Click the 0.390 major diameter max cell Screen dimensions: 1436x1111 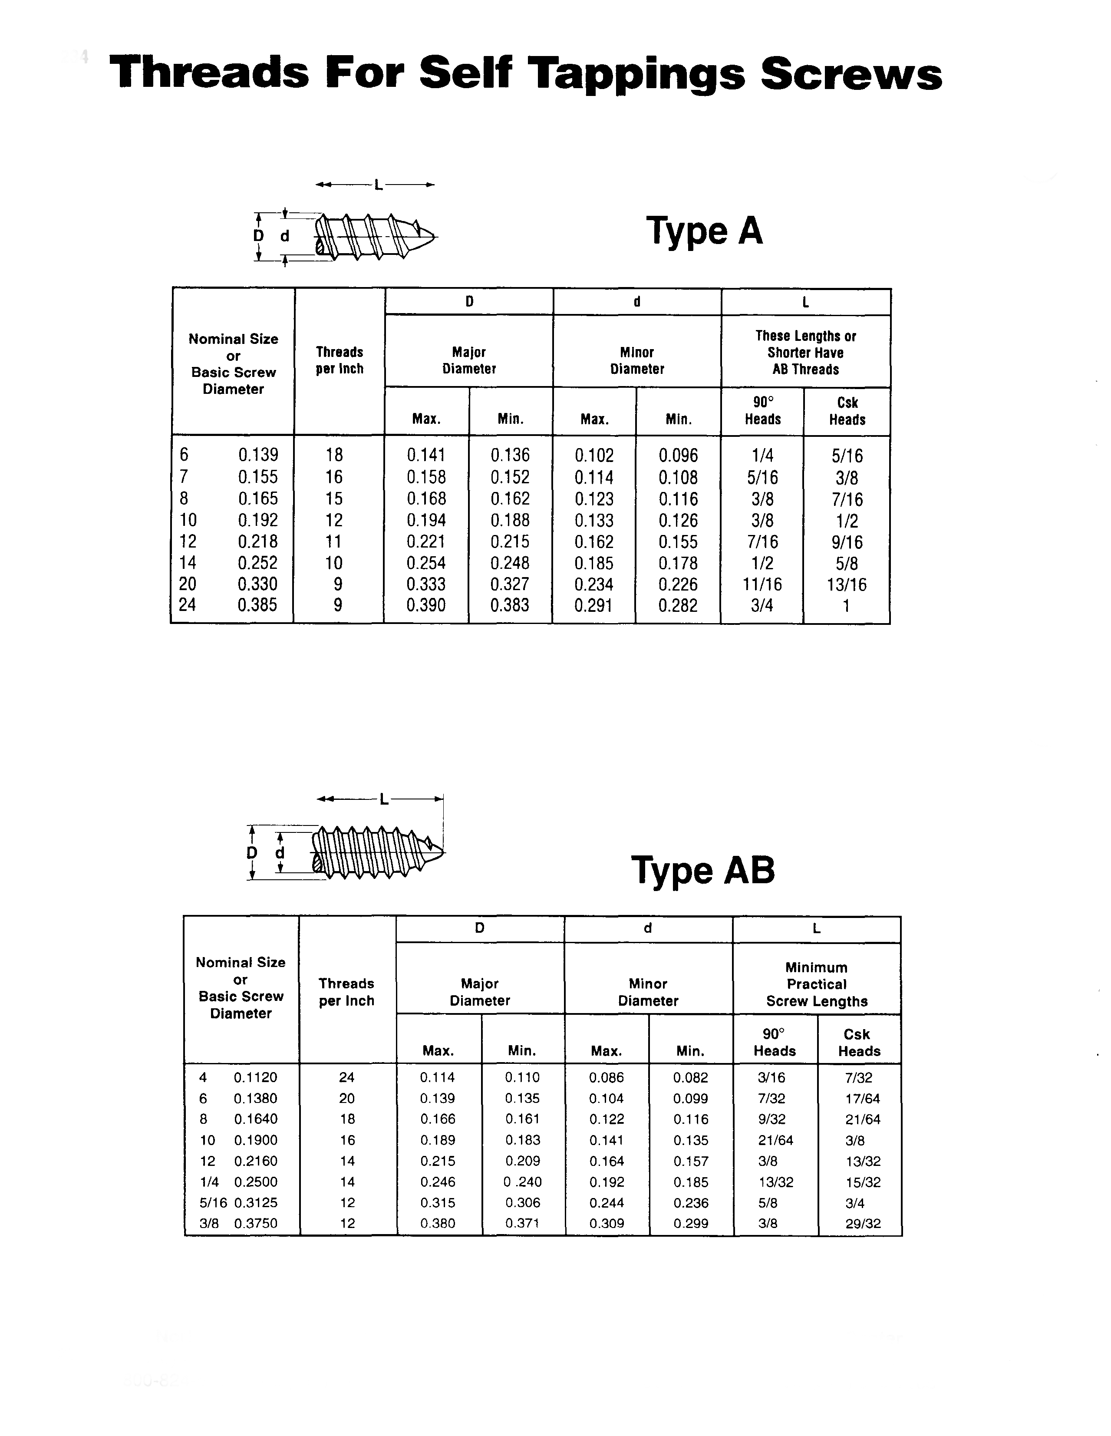coord(426,605)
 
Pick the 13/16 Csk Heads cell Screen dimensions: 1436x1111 coord(847,584)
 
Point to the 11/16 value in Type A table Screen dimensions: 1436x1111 coord(762,584)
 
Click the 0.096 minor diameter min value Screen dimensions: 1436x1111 coord(679,456)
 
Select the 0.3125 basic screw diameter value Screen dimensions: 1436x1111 coord(256,1202)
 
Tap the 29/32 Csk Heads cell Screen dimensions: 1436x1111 coord(863,1224)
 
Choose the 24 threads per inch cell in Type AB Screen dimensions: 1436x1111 coord(346,1077)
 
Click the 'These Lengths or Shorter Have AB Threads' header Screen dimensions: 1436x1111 coord(805,353)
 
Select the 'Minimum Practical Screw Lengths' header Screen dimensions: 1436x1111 coord(817,984)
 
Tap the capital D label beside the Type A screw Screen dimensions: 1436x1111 coord(259,236)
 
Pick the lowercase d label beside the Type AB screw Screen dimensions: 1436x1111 coord(280,853)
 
